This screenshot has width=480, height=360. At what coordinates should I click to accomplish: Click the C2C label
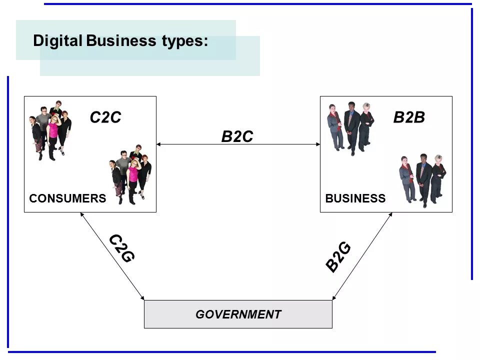[x=105, y=117]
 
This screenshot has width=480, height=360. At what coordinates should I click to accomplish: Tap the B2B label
[x=409, y=117]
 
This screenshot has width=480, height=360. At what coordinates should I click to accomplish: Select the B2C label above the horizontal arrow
[x=237, y=136]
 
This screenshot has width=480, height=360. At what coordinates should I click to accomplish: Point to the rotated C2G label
[x=121, y=248]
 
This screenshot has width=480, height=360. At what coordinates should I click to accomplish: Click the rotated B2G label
[x=338, y=257]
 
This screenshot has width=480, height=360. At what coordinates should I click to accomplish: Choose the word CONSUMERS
[x=67, y=198]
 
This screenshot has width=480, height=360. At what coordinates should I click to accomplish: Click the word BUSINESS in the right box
[x=355, y=198]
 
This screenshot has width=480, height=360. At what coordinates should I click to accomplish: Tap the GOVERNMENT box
[x=238, y=314]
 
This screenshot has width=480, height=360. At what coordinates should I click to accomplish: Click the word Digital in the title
[x=57, y=41]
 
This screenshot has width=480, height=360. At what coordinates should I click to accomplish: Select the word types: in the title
[x=184, y=41]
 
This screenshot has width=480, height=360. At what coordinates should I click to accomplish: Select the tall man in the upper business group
[x=352, y=125]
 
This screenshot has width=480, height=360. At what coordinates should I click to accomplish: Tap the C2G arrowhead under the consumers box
[x=82, y=215]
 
